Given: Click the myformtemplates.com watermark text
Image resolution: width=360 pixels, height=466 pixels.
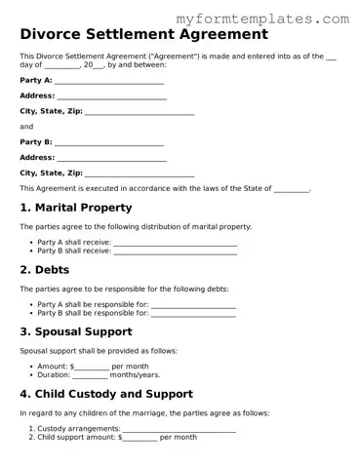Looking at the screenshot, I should click(x=275, y=18).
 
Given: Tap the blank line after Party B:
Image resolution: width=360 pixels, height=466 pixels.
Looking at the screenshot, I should click(x=108, y=142).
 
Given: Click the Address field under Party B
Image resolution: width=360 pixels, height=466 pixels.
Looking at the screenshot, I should click(x=111, y=158).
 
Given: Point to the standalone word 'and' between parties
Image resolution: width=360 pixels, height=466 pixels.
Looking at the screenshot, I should click(x=26, y=127).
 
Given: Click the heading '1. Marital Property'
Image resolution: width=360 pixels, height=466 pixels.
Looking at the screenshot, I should click(x=78, y=208).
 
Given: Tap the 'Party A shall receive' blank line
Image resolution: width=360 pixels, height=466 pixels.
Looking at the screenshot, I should click(x=176, y=243).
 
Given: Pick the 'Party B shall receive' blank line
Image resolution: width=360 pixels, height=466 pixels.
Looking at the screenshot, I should click(x=176, y=252).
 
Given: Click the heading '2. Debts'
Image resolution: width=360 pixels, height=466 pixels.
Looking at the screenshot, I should click(x=45, y=270).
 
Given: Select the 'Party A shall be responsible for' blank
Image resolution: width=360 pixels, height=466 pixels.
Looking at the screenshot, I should click(x=193, y=305).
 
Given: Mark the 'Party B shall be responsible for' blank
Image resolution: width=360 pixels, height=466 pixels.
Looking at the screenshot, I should click(x=193, y=314).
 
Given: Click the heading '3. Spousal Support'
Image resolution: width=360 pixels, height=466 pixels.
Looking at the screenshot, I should click(x=82, y=332).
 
